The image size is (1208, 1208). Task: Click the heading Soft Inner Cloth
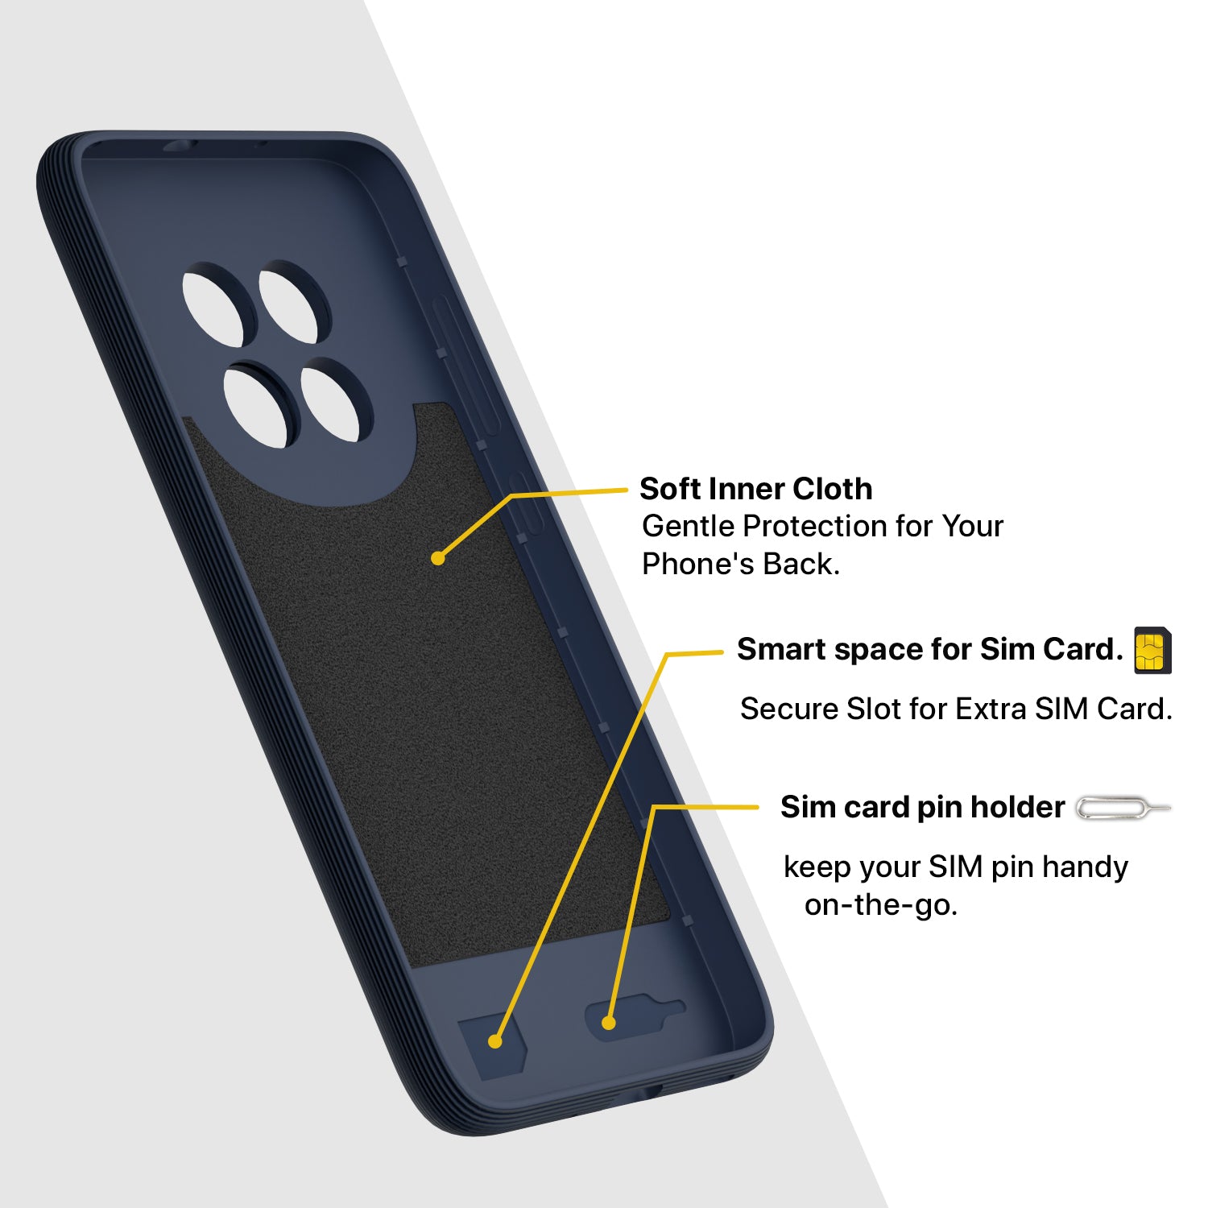[755, 489]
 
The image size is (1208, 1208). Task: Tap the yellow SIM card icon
[1152, 650]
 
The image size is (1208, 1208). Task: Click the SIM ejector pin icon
[1123, 808]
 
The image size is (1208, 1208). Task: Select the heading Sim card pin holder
[923, 807]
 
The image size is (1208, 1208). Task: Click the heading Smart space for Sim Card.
[930, 649]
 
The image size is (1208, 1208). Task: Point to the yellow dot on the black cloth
[438, 558]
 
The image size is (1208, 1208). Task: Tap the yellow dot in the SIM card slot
[495, 1041]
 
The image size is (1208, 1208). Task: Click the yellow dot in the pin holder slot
[609, 1023]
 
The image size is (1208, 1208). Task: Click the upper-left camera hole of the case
[213, 310]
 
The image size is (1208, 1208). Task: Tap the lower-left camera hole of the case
[255, 407]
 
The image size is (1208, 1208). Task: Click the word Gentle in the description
[689, 527]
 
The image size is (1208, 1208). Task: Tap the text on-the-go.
[881, 905]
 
